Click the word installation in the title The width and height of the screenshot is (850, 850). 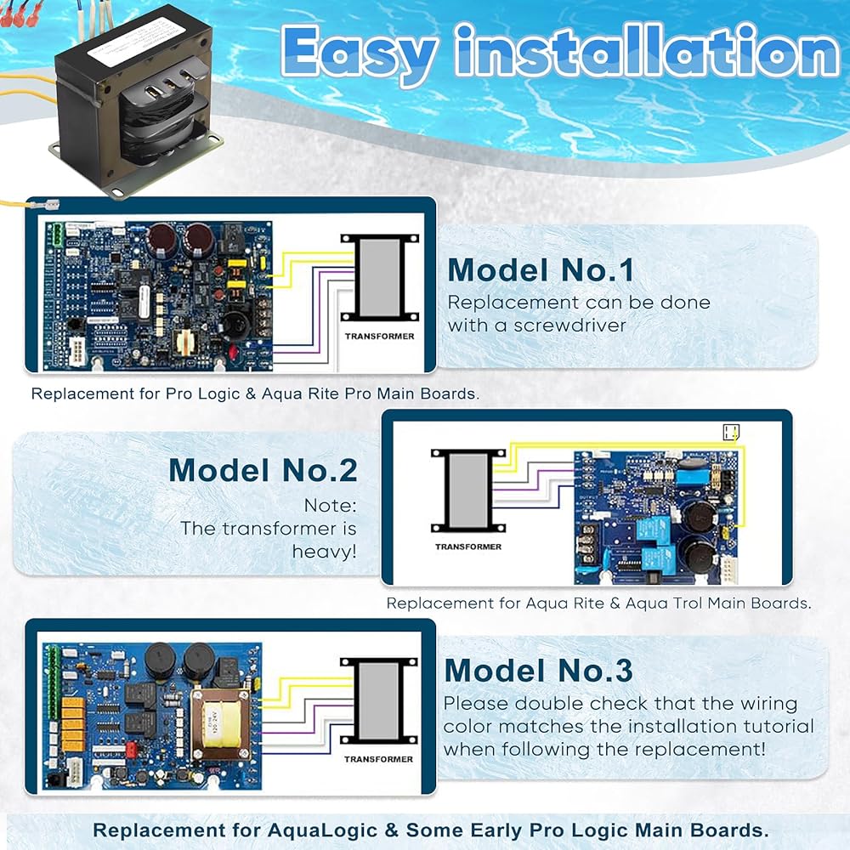pos(646,54)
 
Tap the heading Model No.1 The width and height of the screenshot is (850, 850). pos(541,269)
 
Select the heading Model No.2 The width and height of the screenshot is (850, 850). pos(263,470)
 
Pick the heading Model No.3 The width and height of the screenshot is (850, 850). pos(538,671)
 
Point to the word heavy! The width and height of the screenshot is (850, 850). pos(325,552)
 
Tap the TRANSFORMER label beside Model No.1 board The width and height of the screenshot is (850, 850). pos(379,337)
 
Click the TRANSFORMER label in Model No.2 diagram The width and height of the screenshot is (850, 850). pos(468,547)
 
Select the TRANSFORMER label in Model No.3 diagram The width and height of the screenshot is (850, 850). pos(379,759)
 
